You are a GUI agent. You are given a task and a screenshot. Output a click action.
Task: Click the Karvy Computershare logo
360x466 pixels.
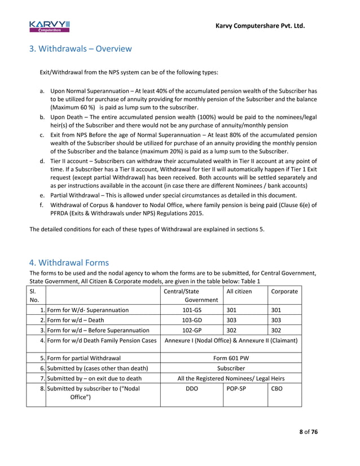click(x=50, y=26)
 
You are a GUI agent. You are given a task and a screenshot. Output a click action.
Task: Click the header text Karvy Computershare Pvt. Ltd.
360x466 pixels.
click(x=261, y=25)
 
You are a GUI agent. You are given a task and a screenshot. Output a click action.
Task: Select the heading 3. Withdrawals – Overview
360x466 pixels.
click(x=81, y=49)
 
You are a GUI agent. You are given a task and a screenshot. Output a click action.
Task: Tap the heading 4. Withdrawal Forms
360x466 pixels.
click(x=69, y=263)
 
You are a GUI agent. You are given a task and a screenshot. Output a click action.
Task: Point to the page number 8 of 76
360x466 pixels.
click(x=308, y=432)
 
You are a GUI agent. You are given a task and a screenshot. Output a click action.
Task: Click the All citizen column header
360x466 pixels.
click(x=239, y=291)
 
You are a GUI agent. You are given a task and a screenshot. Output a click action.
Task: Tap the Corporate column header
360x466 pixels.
click(x=284, y=291)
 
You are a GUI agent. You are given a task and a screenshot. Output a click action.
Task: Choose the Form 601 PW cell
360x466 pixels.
click(x=231, y=358)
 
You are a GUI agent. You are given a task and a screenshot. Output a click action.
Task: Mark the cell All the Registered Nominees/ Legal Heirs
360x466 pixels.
click(x=231, y=378)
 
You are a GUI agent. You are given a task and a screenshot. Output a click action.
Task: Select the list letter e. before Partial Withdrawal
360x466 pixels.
click(x=42, y=196)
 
